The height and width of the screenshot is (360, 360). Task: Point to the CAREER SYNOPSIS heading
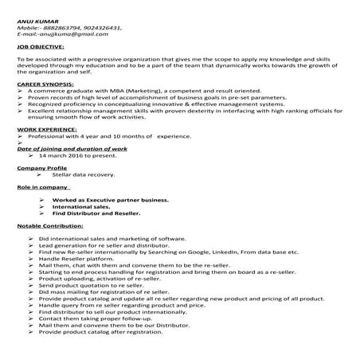[45, 83]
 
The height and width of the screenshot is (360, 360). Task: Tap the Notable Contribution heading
[50, 226]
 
